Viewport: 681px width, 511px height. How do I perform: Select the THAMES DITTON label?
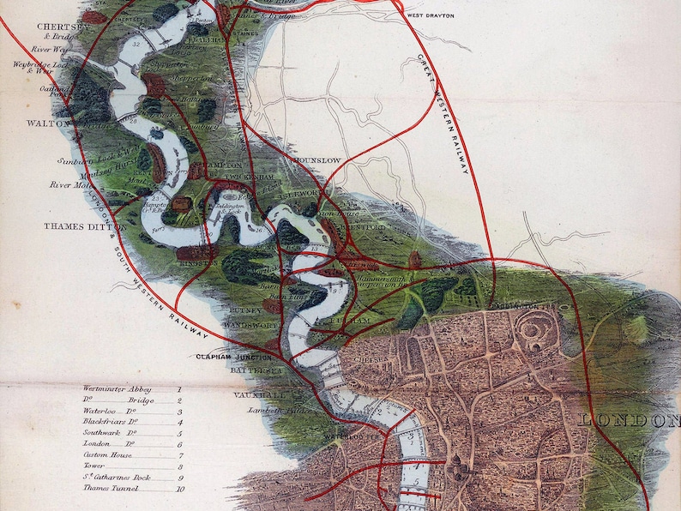pos(85,227)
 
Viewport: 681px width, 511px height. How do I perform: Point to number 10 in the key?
pos(179,490)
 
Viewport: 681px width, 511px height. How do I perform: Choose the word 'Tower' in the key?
pos(94,466)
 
